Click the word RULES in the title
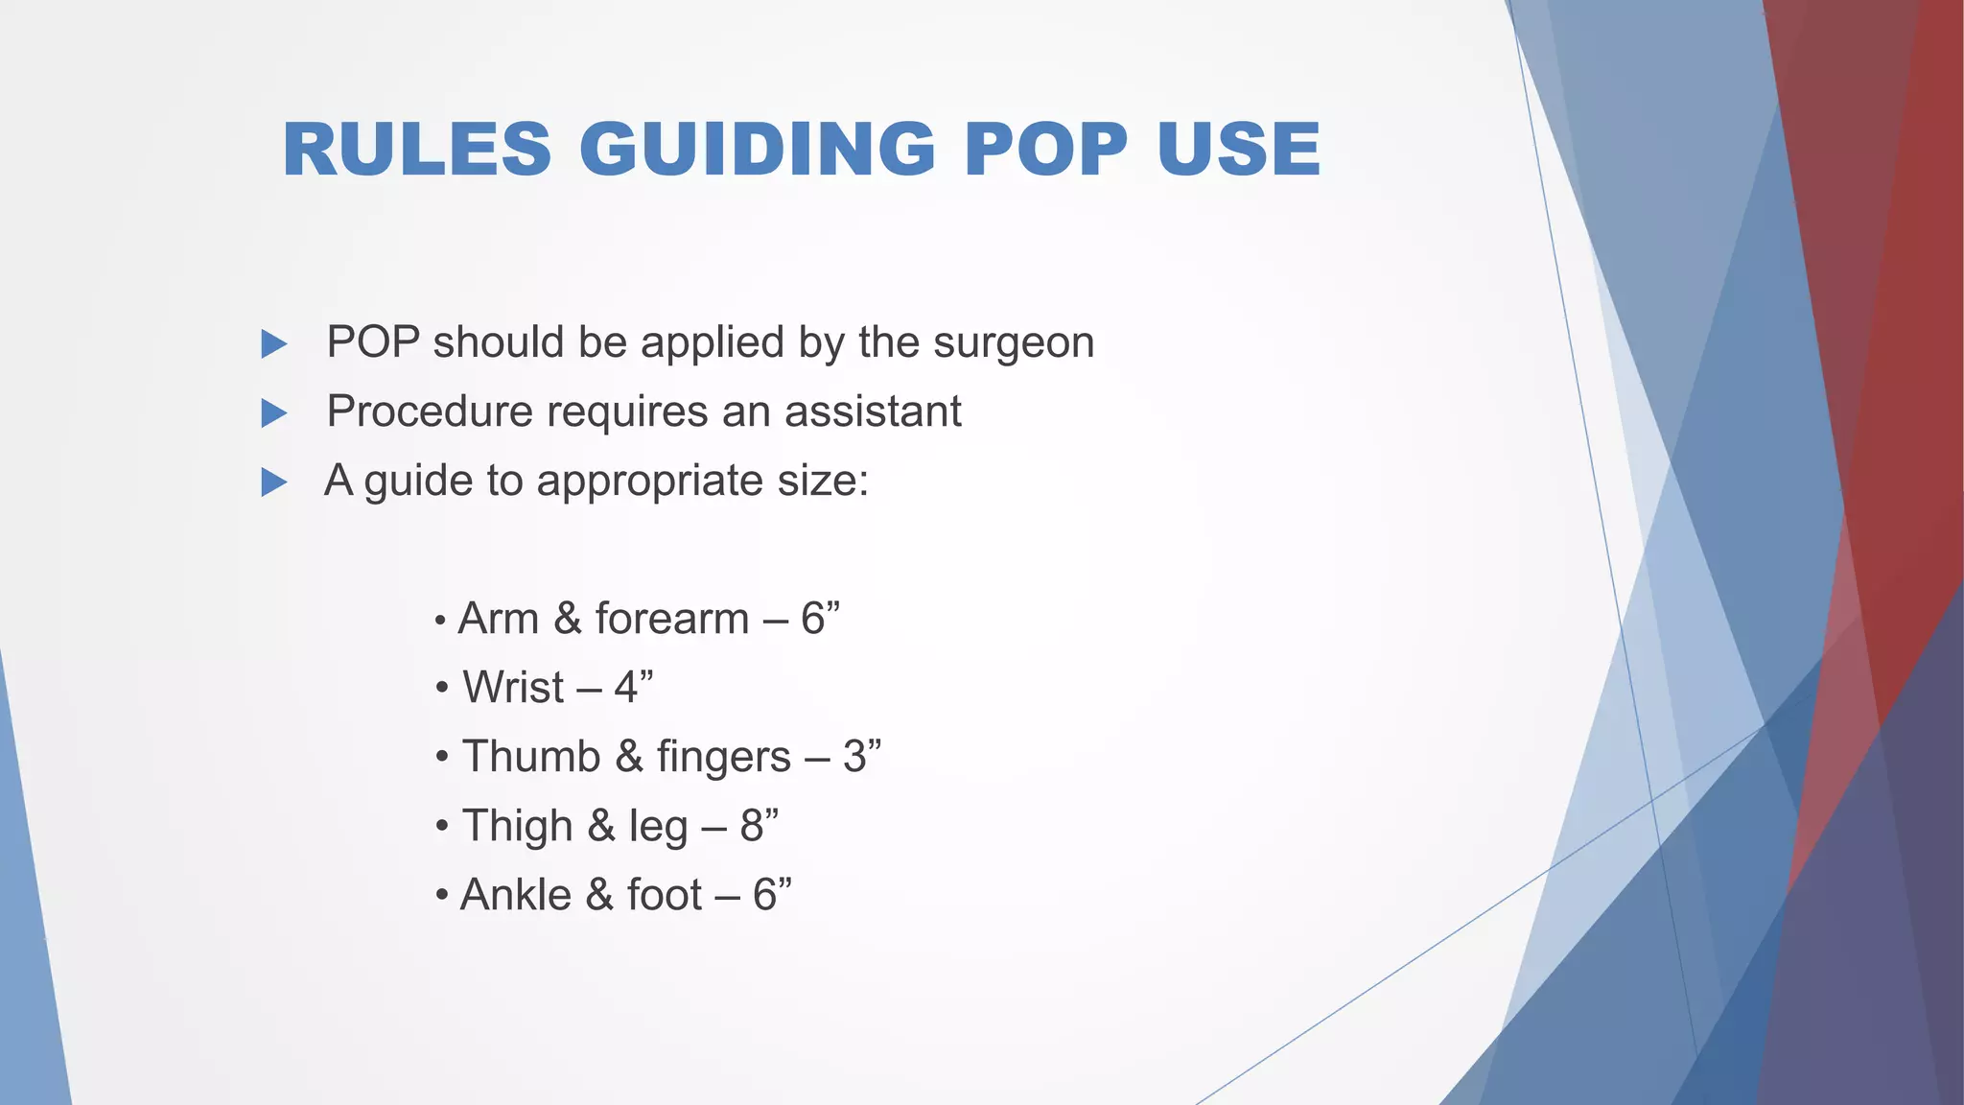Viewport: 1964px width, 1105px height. pos(417,151)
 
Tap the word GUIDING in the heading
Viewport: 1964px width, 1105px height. pos(758,151)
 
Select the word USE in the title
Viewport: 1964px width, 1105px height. pos(1239,151)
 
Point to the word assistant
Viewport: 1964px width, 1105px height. pos(873,411)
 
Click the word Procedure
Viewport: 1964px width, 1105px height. pos(430,411)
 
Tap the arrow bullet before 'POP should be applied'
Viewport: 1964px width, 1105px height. pos(274,343)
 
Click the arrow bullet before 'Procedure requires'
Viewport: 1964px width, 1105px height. pos(274,413)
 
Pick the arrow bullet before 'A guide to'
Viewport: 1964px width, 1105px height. pos(274,482)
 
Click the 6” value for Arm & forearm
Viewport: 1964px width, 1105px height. pos(820,618)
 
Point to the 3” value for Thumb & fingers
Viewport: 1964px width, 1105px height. pos(861,756)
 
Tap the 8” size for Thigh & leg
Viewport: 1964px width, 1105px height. pos(759,825)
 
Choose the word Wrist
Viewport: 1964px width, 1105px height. pos(513,687)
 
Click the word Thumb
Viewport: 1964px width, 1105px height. pos(530,756)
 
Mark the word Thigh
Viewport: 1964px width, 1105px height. pos(517,825)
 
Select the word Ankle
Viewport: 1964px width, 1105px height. pos(516,894)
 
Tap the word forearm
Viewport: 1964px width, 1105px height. pos(671,618)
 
